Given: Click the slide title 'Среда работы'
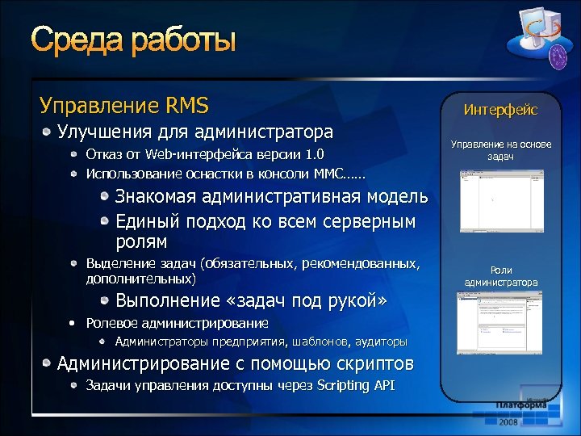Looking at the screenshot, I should tap(134, 40).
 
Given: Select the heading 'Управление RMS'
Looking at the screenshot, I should tap(124, 105).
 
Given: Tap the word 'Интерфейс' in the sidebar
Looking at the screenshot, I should tap(500, 110).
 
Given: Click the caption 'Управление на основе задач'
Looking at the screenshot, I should tap(500, 150).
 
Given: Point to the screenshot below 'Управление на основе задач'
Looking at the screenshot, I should tap(500, 202).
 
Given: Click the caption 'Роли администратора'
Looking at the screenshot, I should tap(500, 277).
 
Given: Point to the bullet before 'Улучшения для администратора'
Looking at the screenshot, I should tap(48, 131).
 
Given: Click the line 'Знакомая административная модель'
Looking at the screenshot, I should tap(271, 197).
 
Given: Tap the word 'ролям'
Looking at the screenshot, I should tap(141, 241).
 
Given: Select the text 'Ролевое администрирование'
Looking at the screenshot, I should tap(178, 323).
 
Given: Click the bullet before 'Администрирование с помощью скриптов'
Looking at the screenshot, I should tap(48, 363).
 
